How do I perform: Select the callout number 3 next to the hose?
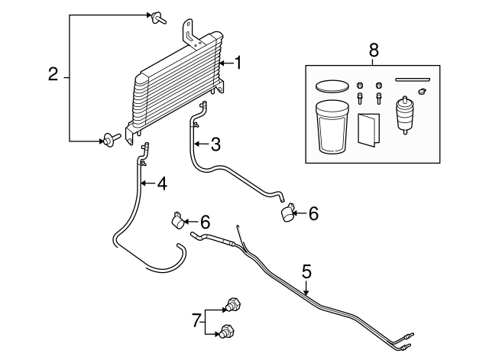click(215, 143)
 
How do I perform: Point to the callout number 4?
click(161, 183)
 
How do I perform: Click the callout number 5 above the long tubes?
click(306, 271)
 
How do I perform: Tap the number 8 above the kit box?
click(373, 50)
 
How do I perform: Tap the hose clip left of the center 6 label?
click(175, 222)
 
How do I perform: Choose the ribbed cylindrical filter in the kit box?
click(405, 115)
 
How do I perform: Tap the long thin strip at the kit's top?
click(412, 79)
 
